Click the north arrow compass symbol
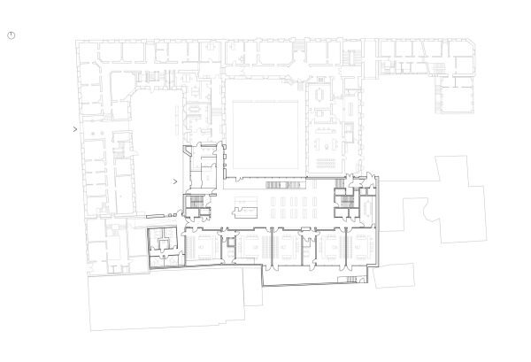tap(12, 35)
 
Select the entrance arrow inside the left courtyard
tap(176, 182)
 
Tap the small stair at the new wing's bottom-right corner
tap(352, 279)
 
